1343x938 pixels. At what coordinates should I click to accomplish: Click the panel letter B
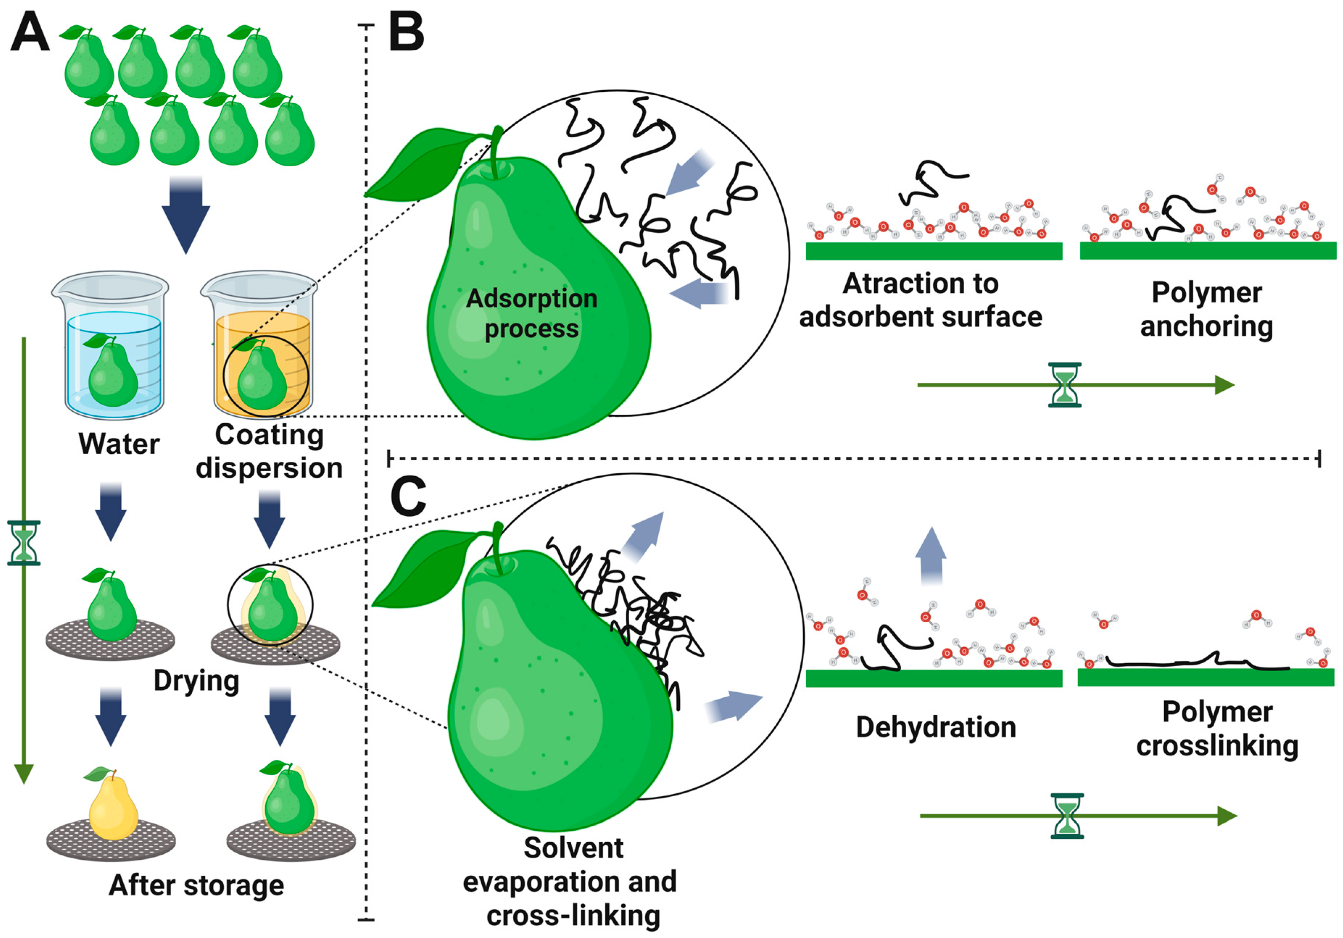point(407,33)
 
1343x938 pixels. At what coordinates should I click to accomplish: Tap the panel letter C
point(408,496)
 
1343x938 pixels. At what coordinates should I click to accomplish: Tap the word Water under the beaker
point(119,444)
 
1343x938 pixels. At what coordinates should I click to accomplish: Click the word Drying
point(196,681)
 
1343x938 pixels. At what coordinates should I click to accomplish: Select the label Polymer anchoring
point(1207,310)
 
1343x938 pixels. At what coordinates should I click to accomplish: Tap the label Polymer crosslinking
point(1217,729)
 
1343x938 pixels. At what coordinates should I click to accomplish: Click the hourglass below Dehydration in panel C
point(1067,816)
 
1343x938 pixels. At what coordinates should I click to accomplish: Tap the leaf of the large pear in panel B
point(421,167)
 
